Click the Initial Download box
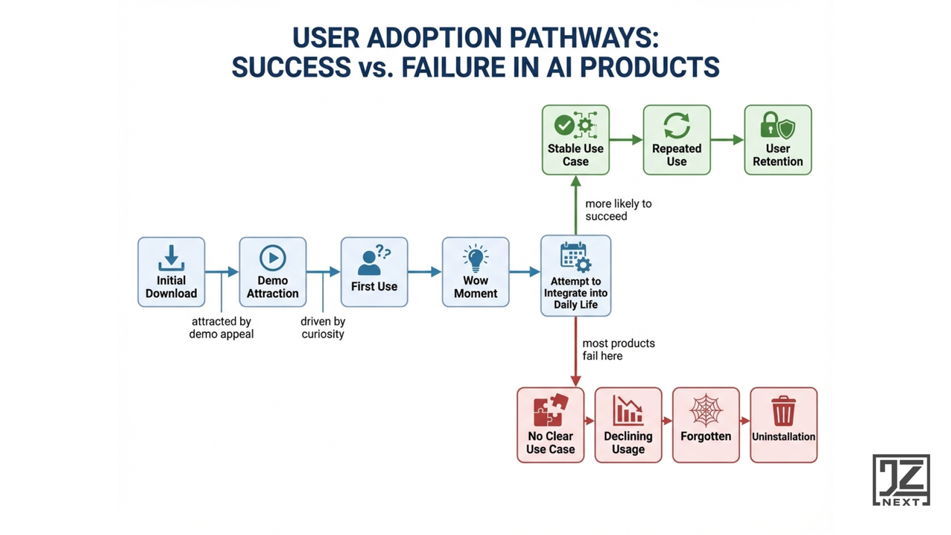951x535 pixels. tap(171, 272)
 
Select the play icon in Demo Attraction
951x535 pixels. tap(273, 259)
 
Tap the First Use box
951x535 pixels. tap(374, 272)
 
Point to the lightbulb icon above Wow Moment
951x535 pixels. tap(475, 257)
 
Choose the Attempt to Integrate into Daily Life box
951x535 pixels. tap(576, 276)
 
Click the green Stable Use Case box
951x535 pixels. tap(576, 140)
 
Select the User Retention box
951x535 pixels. tap(778, 140)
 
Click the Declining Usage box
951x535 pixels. tap(628, 425)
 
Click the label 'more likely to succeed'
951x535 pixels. tap(617, 210)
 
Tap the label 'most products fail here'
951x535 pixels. tap(618, 349)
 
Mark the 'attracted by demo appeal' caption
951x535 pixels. tap(221, 328)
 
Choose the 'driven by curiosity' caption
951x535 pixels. tap(323, 328)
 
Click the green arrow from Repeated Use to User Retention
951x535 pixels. tap(727, 139)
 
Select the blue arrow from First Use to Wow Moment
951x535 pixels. tap(424, 272)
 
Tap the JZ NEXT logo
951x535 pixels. tap(900, 480)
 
